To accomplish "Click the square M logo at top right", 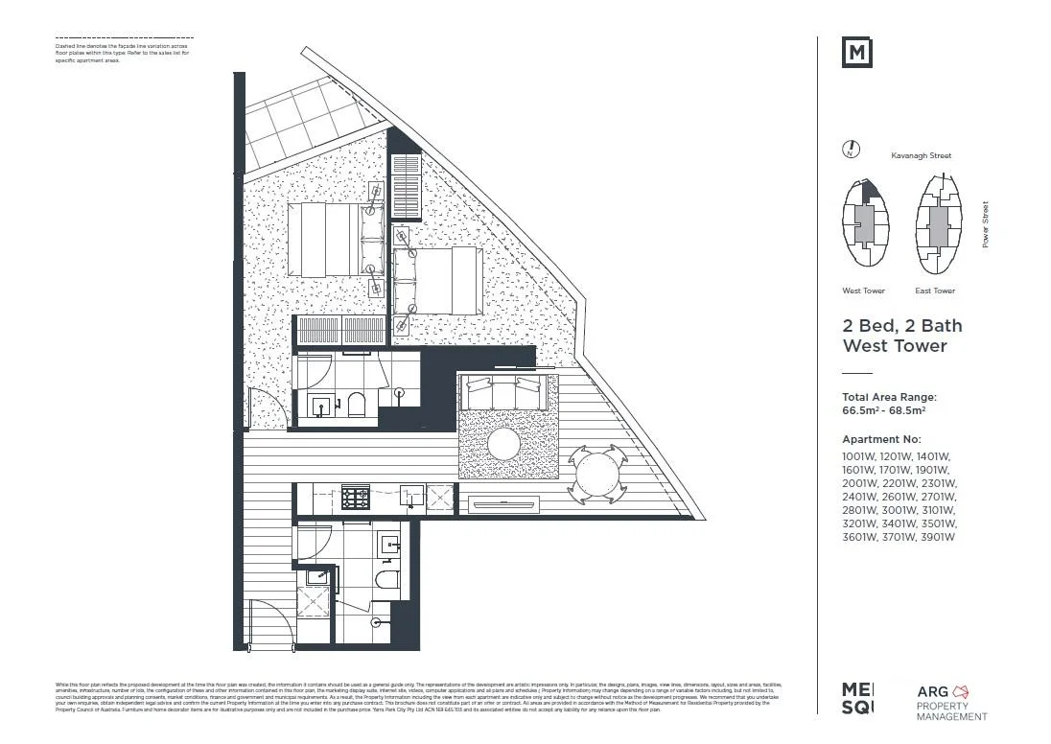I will click(856, 53).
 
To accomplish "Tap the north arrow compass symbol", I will click(850, 150).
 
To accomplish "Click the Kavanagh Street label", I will click(921, 155).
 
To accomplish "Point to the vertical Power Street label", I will click(985, 225).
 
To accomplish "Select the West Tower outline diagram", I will click(864, 223).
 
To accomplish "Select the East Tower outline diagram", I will click(937, 223).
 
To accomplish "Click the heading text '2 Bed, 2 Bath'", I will click(901, 326).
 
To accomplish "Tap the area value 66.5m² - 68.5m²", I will click(883, 410).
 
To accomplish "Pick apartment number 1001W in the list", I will click(858, 456).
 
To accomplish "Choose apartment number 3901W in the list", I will click(937, 537).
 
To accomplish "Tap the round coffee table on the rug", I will click(502, 444).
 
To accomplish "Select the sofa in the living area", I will click(504, 390).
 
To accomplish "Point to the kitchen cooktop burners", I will click(356, 499).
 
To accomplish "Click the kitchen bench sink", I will click(412, 497).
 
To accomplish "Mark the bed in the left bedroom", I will click(331, 240).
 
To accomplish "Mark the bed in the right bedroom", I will click(437, 280).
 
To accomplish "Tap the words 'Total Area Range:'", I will click(889, 397).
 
